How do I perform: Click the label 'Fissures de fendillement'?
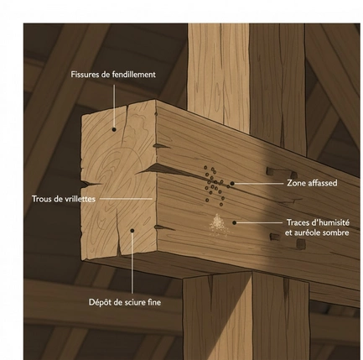[x=113, y=75]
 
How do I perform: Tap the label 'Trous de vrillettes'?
[x=64, y=199]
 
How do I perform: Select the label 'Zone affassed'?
[x=312, y=183]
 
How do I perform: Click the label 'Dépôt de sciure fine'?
[x=125, y=302]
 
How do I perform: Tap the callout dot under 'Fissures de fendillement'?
[x=114, y=129]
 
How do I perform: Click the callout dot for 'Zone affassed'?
[x=232, y=184]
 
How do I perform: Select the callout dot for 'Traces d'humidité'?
[x=235, y=222]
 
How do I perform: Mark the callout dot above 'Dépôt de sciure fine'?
[x=132, y=231]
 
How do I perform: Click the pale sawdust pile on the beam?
[x=219, y=224]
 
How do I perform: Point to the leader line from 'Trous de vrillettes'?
[x=126, y=199]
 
